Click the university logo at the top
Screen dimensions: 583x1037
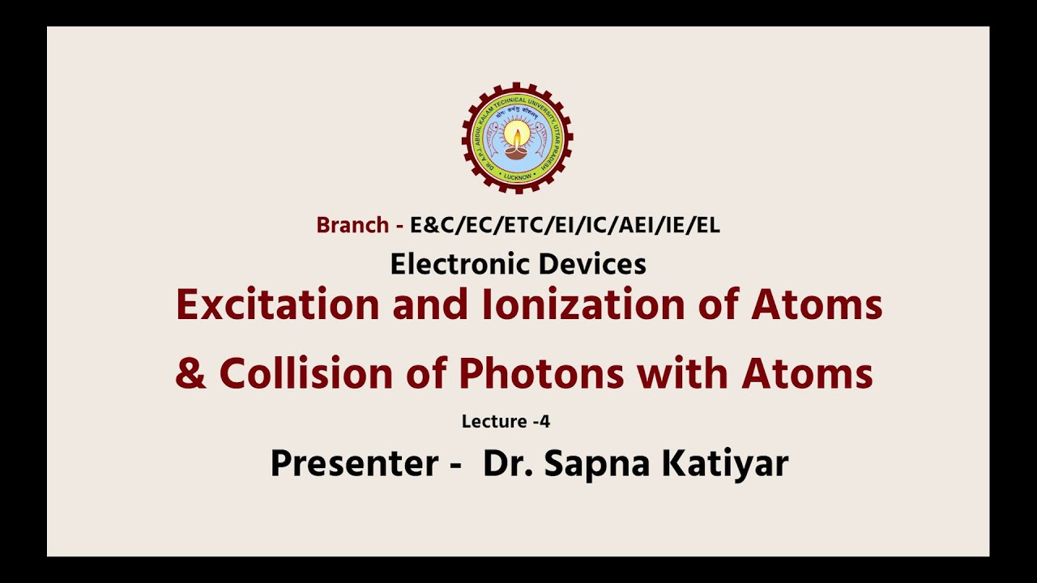517,138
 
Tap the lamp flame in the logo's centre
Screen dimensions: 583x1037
517,134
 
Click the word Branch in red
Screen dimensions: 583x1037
352,225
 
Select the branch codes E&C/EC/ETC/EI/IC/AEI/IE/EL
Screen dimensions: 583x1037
565,225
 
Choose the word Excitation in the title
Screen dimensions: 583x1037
277,305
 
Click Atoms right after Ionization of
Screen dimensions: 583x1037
817,305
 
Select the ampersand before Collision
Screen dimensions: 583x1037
191,374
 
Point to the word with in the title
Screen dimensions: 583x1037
683,374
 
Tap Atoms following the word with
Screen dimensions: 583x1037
807,374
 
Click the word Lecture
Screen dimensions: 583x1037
493,421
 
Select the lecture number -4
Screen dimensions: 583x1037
542,421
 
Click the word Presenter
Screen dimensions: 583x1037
354,464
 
